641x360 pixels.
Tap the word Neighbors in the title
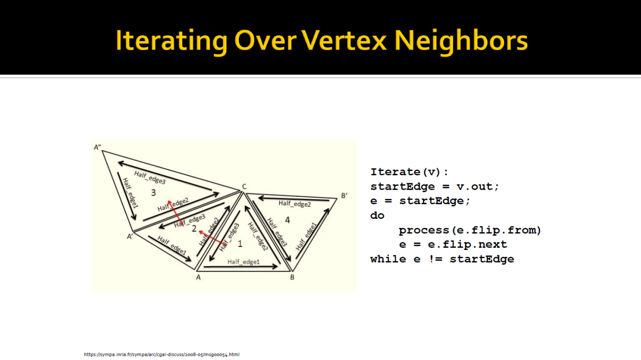tap(461, 41)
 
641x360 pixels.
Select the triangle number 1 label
tap(240, 244)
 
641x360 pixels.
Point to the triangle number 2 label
tap(194, 229)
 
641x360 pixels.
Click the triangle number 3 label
tap(153, 193)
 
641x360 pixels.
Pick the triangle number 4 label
tap(287, 220)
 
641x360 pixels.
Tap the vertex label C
tap(244, 187)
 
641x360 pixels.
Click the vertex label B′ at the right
tap(344, 196)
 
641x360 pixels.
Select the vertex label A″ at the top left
tap(97, 147)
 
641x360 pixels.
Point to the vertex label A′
tap(130, 237)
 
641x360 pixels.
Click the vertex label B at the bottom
tap(292, 277)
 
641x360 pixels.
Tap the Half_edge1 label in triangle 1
tap(243, 262)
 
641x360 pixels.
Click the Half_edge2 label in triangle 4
tap(295, 203)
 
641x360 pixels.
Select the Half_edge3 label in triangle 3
tap(150, 177)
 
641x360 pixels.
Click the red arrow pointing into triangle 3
tap(176, 213)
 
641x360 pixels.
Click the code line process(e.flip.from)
tap(470, 230)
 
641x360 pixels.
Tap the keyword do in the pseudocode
tap(377, 215)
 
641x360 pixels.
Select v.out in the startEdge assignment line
tap(478, 187)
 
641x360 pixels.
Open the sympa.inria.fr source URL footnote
tap(162, 354)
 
